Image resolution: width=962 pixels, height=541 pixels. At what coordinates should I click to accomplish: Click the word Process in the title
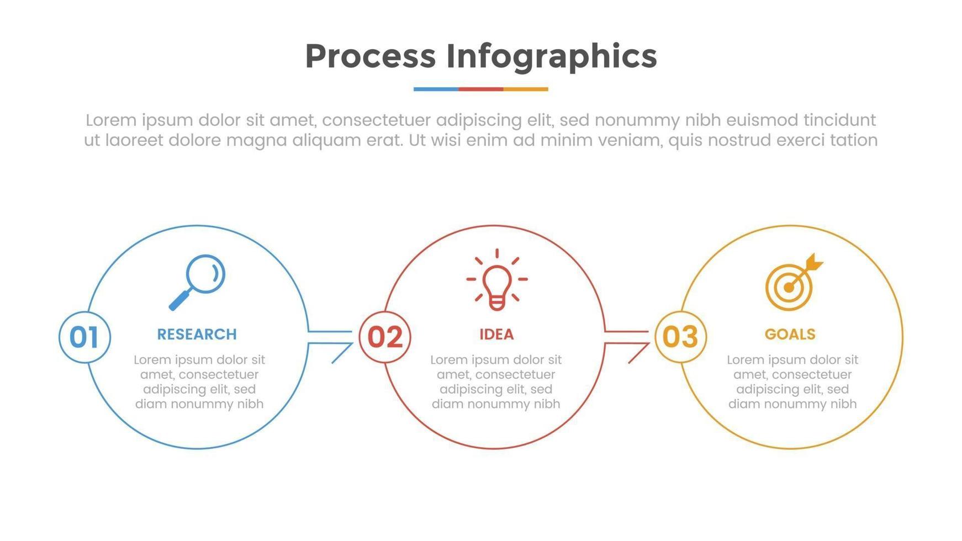[x=371, y=56]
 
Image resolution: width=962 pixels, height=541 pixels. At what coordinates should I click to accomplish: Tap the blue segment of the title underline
[x=436, y=89]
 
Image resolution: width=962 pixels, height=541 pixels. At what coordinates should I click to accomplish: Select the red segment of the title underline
[x=480, y=89]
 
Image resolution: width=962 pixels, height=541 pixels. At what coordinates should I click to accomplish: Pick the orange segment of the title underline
[x=526, y=89]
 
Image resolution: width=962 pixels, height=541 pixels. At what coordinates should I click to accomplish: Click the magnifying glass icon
[x=197, y=282]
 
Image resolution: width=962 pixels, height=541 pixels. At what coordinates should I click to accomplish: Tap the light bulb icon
[x=497, y=279]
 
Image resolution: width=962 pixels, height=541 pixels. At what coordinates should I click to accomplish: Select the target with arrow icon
[x=794, y=282]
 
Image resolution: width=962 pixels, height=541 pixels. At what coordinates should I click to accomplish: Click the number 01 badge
[x=84, y=337]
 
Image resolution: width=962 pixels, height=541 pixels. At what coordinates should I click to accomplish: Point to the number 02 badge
[x=385, y=337]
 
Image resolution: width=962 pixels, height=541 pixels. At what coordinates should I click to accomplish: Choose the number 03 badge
[x=680, y=337]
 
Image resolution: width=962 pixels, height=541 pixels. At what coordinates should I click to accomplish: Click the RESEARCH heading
[x=197, y=335]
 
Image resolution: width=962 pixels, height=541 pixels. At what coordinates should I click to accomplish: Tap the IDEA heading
[x=496, y=335]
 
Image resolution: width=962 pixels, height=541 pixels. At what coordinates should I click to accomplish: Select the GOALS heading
[x=790, y=335]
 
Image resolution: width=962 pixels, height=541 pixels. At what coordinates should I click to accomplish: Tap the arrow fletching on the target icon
[x=815, y=262]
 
